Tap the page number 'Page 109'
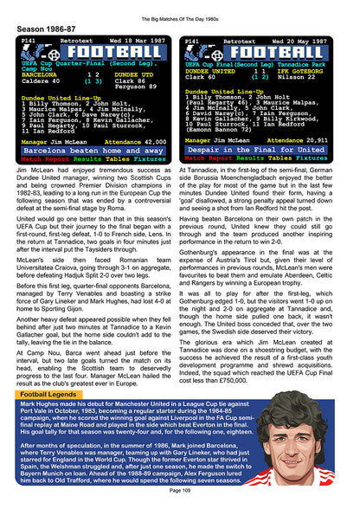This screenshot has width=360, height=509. pyautogui.click(x=180, y=491)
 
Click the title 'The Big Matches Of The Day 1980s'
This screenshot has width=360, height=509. pyautogui.click(x=180, y=9)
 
